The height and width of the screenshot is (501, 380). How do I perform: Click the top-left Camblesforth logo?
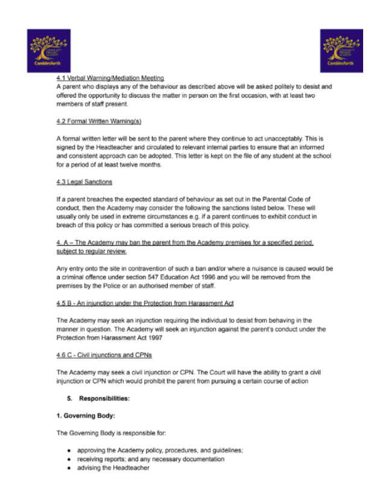pyautogui.click(x=48, y=51)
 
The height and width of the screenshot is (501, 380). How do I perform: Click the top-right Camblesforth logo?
pyautogui.click(x=341, y=51)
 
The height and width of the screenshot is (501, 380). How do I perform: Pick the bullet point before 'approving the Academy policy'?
pyautogui.click(x=69, y=451)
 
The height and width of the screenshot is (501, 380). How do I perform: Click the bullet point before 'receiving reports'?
pyautogui.click(x=69, y=459)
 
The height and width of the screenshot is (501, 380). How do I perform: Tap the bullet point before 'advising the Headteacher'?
pyautogui.click(x=69, y=468)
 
